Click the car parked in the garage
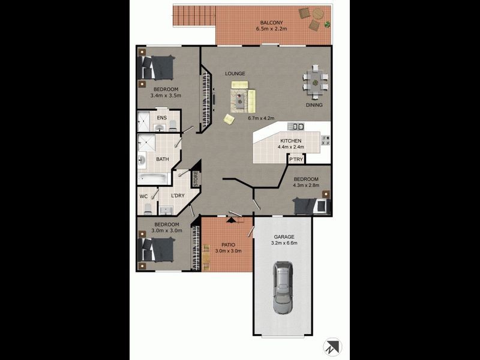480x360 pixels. coord(283,288)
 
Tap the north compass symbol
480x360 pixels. coord(332,347)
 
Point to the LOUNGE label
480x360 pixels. coord(235,73)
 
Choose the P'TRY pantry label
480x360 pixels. coord(296,160)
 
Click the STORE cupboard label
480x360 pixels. coord(196,178)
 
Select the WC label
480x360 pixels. coord(143,196)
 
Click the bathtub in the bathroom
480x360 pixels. coord(154,177)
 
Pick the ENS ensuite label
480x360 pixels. coord(161,118)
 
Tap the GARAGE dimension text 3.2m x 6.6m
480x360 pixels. coord(284,243)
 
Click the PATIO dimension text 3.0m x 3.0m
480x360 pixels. coord(228,251)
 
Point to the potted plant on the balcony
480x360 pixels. coord(327,25)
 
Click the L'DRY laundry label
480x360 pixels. coord(178,196)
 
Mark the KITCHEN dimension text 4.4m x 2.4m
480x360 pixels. coord(290,146)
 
